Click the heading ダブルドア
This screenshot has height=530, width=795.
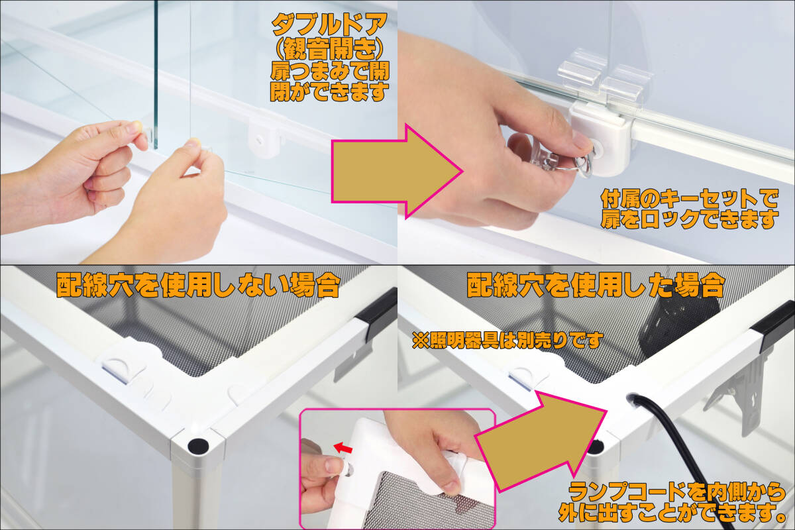click(x=329, y=24)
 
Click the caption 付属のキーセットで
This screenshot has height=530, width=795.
click(x=690, y=199)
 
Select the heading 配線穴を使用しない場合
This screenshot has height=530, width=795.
click(x=198, y=285)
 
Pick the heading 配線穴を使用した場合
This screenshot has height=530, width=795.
click(x=596, y=285)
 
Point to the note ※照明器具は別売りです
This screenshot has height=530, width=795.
click(x=507, y=340)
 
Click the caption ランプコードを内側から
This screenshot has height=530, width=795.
click(x=677, y=492)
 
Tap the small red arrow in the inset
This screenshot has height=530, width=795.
click(x=343, y=448)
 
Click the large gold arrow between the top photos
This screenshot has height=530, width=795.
click(x=396, y=172)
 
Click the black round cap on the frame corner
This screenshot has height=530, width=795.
click(x=198, y=446)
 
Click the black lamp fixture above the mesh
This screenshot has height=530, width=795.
click(x=678, y=326)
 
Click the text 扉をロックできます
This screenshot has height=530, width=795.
click(x=689, y=219)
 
